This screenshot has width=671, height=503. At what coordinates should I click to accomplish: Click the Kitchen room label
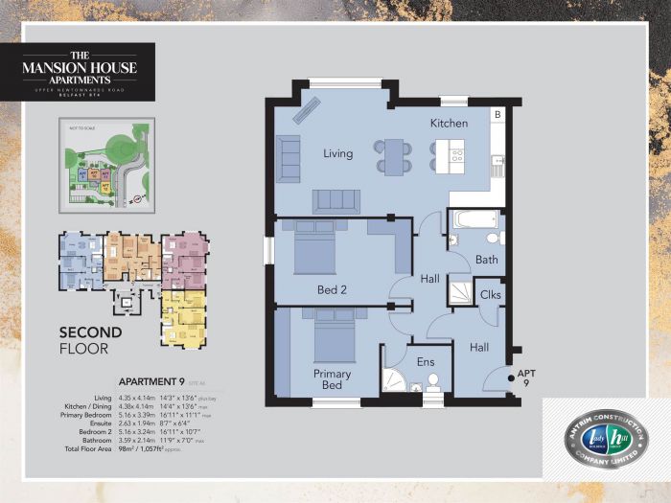click(448, 123)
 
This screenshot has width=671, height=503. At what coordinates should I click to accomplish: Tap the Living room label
click(337, 153)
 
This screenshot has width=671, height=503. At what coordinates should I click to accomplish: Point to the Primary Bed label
click(332, 379)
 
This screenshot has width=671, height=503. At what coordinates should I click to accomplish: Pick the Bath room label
click(486, 260)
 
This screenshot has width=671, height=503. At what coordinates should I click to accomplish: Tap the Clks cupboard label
click(490, 294)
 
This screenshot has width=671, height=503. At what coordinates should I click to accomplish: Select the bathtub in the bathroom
click(474, 219)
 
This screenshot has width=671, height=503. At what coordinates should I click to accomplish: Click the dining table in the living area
click(394, 156)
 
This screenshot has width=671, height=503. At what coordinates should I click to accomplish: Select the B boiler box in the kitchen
click(497, 114)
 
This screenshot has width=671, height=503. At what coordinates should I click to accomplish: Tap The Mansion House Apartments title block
click(88, 72)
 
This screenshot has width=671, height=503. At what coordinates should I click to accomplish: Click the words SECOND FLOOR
click(91, 340)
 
